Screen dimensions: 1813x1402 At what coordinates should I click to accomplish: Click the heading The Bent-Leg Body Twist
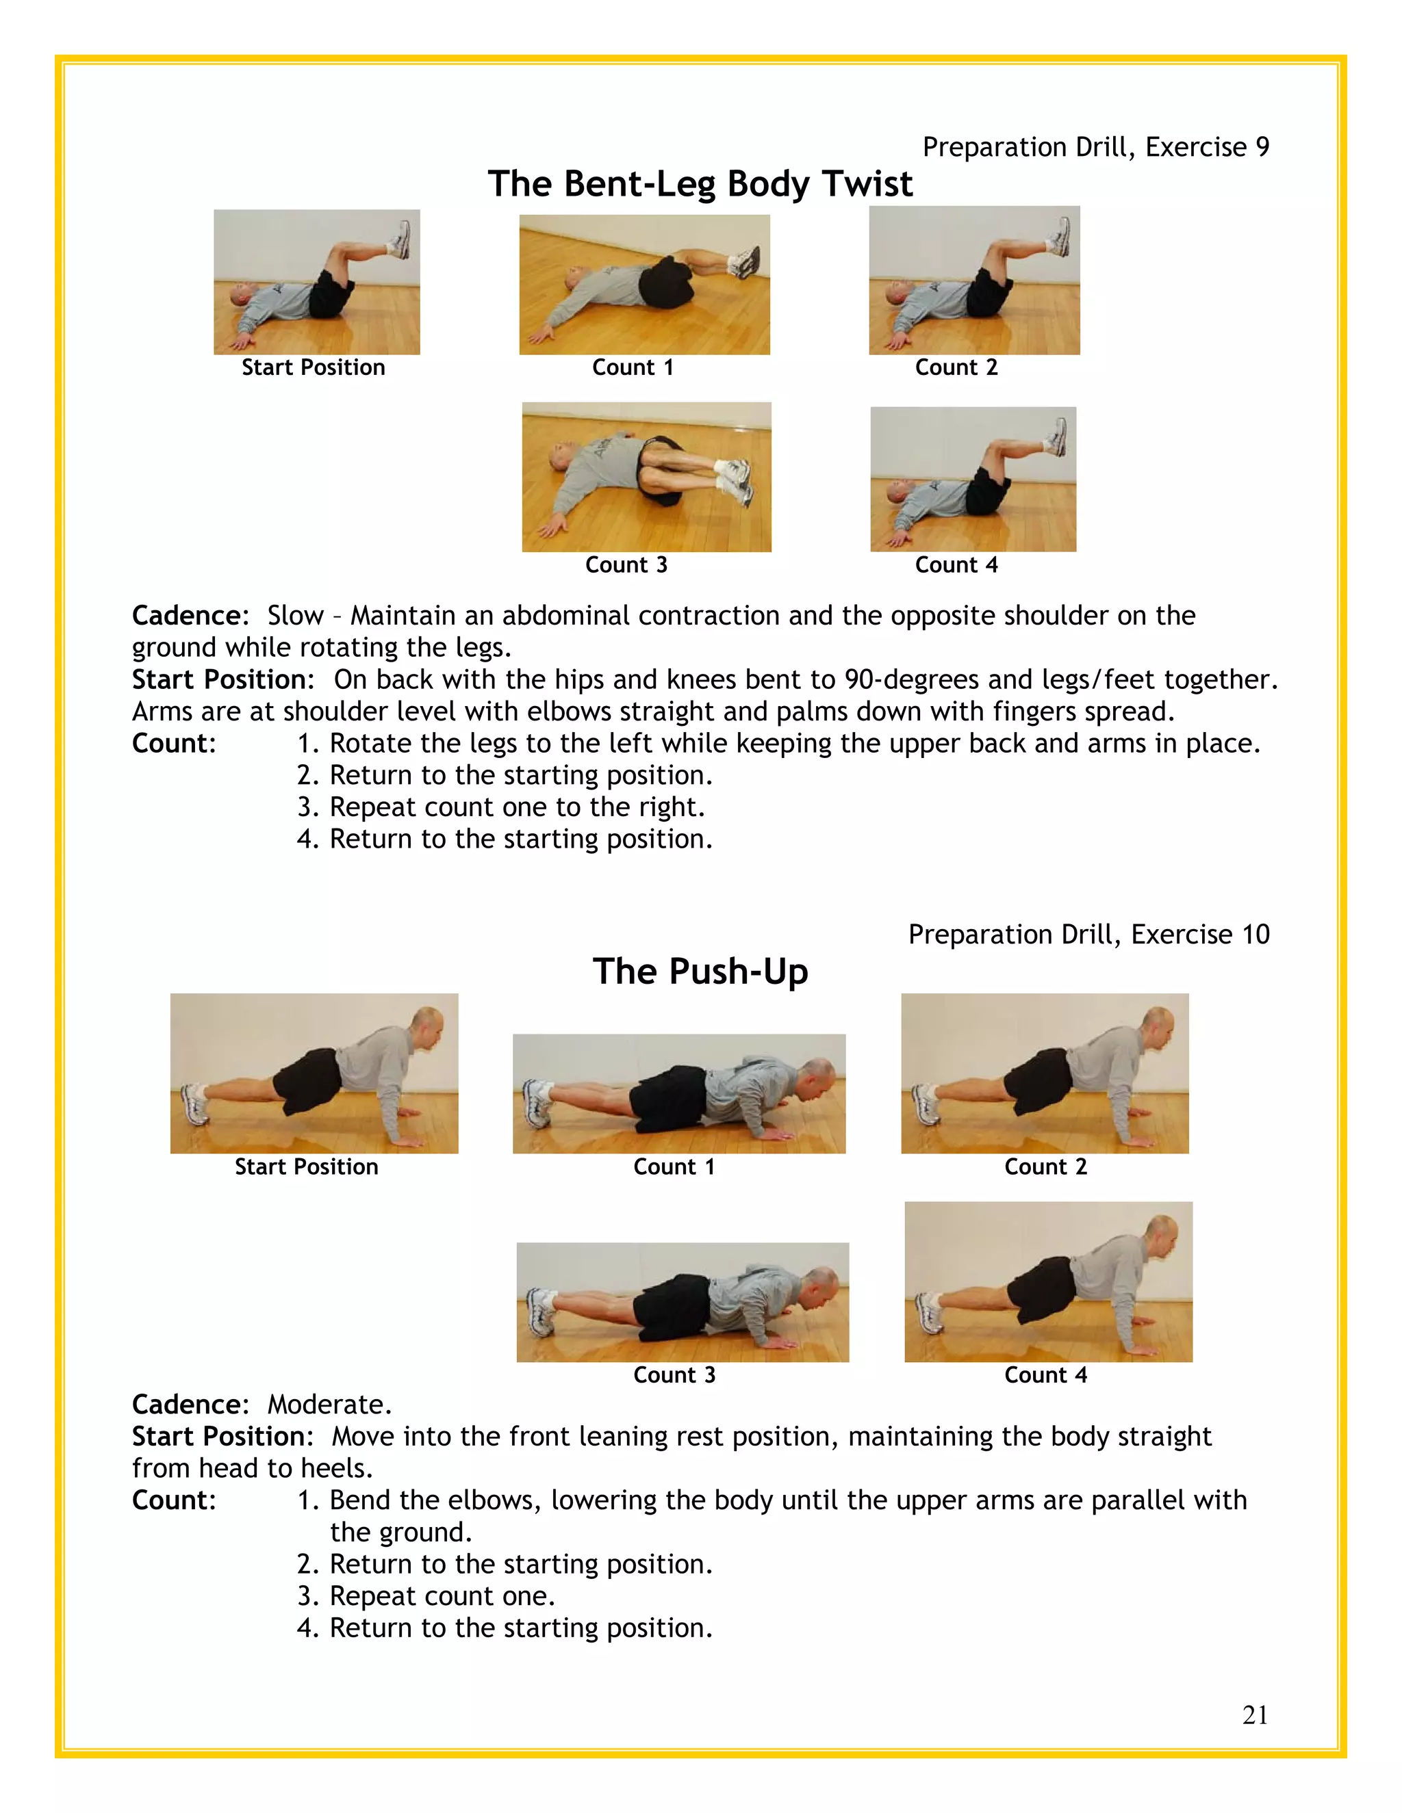point(700,183)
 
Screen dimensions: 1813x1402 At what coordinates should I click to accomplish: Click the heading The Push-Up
point(700,971)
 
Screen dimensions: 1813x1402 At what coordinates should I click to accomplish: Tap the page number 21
point(1254,1715)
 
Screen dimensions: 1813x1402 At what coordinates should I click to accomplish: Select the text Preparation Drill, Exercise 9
point(1095,147)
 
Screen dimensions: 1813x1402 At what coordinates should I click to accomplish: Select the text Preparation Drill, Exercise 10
point(1088,935)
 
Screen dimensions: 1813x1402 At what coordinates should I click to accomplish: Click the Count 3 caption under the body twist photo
point(626,565)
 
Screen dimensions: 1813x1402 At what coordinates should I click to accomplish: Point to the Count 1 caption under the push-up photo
point(674,1167)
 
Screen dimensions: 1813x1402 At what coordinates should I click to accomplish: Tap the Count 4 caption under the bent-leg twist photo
point(956,565)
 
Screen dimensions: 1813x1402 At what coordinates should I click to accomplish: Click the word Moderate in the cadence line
point(328,1405)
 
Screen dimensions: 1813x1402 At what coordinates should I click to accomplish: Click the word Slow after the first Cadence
point(295,616)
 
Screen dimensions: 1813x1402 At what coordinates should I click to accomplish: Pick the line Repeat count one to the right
point(517,807)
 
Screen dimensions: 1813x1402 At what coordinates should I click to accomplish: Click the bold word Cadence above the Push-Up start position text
point(190,1405)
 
